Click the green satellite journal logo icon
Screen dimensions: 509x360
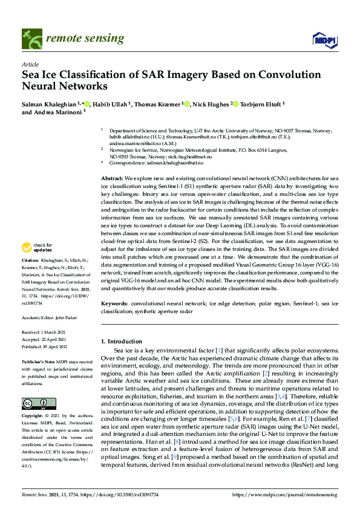pyautogui.click(x=31, y=39)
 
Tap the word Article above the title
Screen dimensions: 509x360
pyautogui.click(x=30, y=64)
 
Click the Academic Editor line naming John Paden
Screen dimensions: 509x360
pyautogui.click(x=50, y=317)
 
